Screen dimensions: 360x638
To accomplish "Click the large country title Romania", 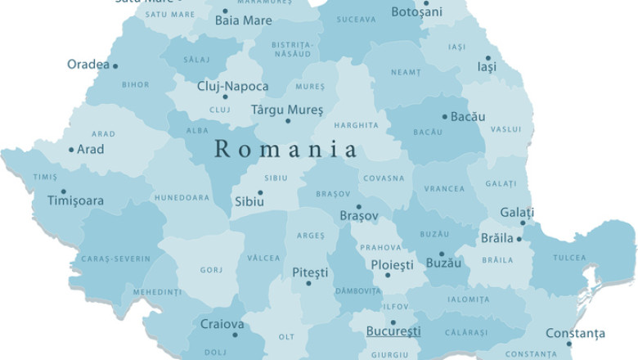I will click(x=285, y=150).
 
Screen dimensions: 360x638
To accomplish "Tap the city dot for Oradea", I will click(x=115, y=65).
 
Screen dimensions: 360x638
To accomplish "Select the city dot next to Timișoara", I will click(x=64, y=191).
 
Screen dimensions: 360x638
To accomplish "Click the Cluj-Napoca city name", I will click(x=232, y=86).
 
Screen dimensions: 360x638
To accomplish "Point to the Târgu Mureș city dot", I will click(x=287, y=121).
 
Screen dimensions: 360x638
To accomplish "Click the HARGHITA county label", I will click(x=357, y=126).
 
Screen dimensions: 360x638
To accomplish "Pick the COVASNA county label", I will click(x=384, y=178).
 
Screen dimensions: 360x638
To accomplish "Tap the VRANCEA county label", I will click(x=444, y=189).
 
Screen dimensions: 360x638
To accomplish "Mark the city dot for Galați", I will click(x=523, y=223).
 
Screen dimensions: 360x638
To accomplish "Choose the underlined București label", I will click(x=393, y=331).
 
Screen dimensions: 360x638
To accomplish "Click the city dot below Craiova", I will click(x=235, y=335).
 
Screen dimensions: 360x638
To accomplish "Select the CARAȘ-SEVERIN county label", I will click(x=115, y=259).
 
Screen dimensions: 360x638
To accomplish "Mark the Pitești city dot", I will click(x=308, y=283).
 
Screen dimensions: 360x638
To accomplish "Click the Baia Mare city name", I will click(x=243, y=20).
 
